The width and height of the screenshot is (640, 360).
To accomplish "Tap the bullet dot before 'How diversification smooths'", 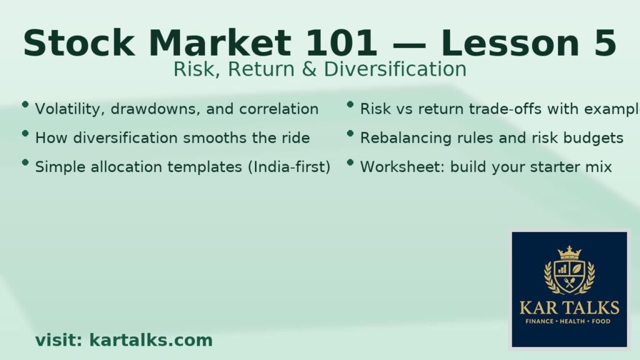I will coord(25,134).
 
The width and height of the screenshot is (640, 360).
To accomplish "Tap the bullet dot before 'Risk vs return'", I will coord(351,105).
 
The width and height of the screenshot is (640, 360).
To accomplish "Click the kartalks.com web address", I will coord(151,341).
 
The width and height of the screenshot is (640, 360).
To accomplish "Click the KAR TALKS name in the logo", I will coord(569,307).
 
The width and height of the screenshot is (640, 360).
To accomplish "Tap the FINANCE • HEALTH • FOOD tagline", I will coord(569,321).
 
